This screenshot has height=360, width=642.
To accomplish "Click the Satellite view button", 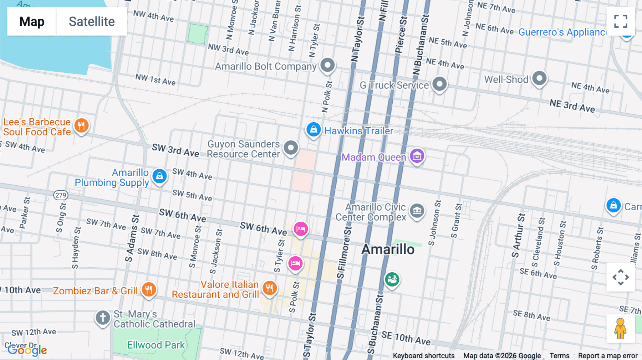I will point(92,21).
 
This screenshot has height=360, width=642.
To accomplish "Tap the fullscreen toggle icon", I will point(621,21).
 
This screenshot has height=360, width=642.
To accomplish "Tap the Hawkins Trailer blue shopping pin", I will point(314,129).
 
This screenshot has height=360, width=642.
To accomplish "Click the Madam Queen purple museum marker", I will point(417,156).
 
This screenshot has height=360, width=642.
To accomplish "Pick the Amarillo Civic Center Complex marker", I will point(417,211).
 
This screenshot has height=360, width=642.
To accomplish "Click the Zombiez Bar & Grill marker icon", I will point(149,289).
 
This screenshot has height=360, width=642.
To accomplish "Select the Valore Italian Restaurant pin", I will point(270,288).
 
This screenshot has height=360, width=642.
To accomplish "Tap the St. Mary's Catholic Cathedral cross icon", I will point(103,317).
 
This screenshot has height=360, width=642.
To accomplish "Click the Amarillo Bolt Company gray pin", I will point(327,65).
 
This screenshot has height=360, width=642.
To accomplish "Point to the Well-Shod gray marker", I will point(539,78).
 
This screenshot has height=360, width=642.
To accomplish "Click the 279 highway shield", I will point(61,195).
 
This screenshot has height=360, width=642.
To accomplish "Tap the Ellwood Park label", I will point(156,345).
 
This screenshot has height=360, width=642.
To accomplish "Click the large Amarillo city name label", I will point(388,249).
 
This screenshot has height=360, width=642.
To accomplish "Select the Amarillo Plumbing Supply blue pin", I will point(159,176).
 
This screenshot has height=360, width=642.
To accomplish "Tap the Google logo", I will point(27,350).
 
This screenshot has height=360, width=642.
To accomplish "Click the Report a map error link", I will point(607,356).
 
